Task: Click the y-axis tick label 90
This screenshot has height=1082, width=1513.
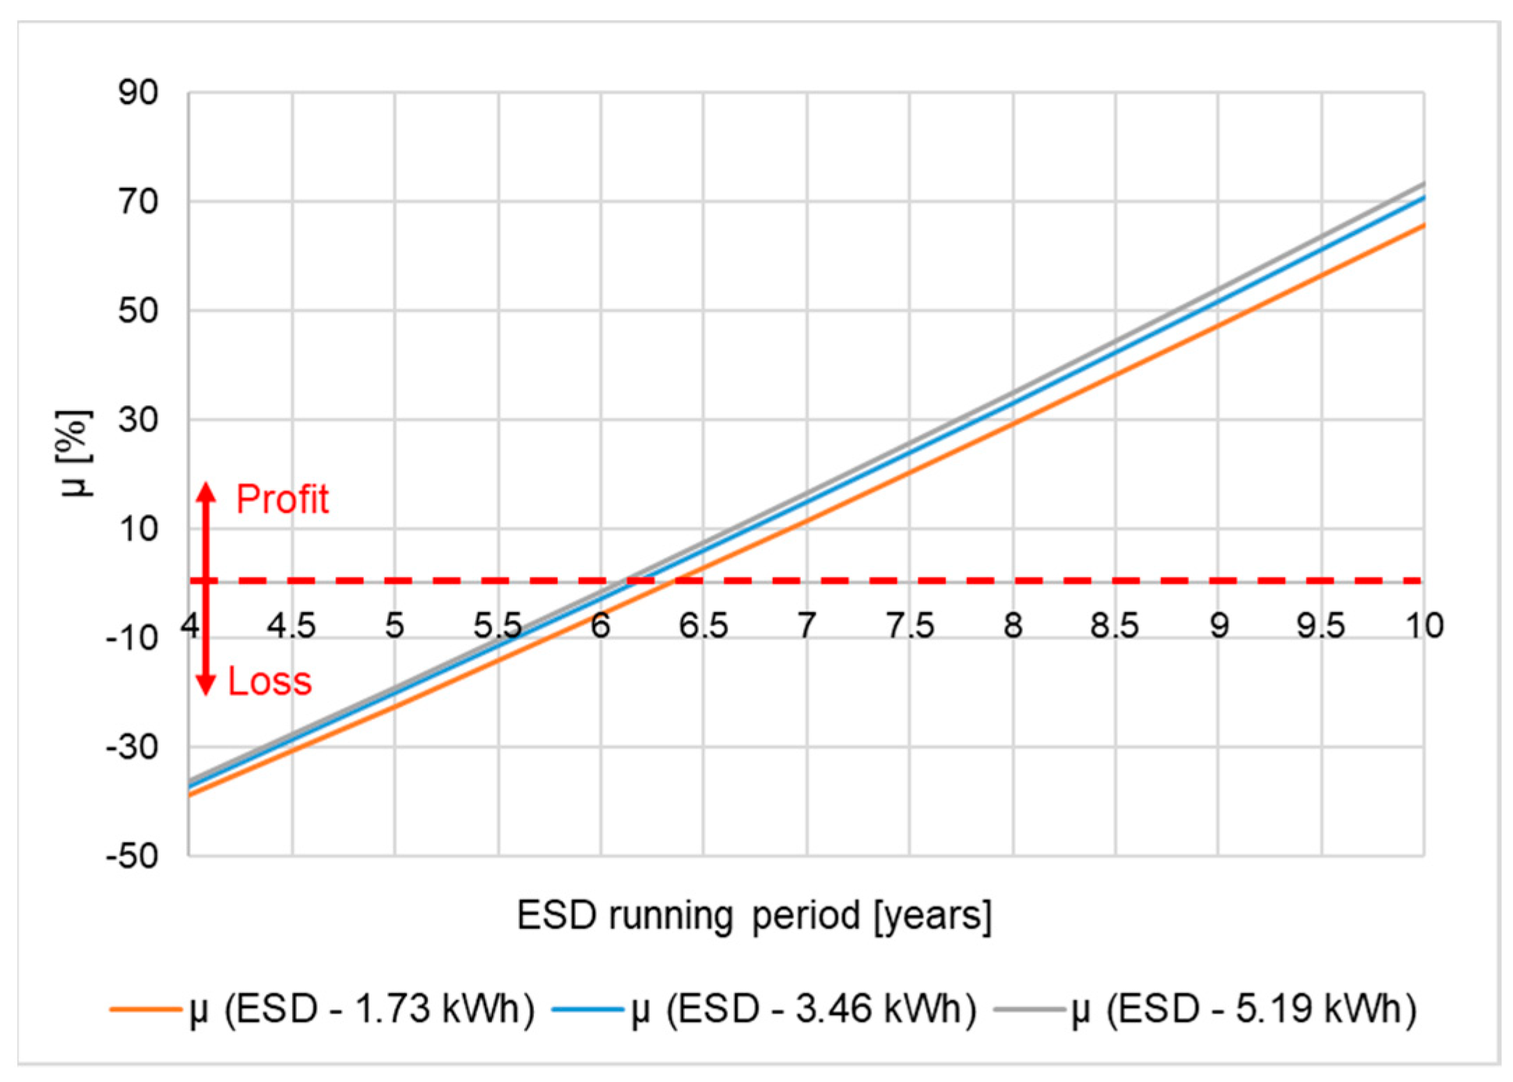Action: point(138,93)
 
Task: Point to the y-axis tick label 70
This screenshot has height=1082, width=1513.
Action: point(138,202)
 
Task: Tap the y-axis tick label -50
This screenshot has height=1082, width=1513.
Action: point(132,855)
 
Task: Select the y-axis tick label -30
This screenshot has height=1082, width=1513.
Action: point(132,747)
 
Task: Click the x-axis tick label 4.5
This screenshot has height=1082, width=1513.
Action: point(292,626)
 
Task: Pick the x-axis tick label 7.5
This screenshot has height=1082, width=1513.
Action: point(910,626)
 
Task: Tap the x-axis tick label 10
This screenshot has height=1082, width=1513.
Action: point(1424,626)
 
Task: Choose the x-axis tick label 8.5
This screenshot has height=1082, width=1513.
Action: point(1115,626)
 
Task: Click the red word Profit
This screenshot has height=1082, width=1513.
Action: point(282,499)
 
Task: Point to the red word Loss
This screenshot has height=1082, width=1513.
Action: point(269,682)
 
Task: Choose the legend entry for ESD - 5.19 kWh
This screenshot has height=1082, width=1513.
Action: point(1205,1009)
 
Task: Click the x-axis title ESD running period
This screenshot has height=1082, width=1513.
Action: point(754,915)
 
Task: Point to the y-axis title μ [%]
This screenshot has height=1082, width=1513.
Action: point(75,453)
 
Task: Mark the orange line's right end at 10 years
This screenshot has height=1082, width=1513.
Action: point(1423,225)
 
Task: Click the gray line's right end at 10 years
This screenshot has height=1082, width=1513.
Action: point(1423,184)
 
